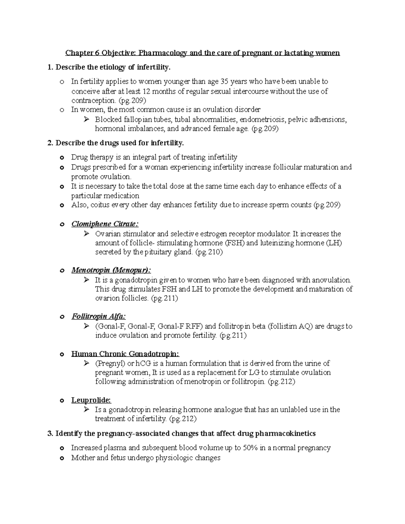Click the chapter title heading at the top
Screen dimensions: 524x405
(x=202, y=53)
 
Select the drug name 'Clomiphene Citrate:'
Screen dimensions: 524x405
(x=105, y=224)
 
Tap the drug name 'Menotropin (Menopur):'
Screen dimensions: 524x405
(x=111, y=270)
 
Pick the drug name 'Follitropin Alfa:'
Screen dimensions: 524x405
(x=99, y=316)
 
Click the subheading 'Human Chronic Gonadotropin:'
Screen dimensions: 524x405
(x=125, y=354)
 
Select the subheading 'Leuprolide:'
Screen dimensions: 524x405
(x=91, y=400)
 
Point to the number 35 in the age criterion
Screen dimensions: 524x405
(x=224, y=82)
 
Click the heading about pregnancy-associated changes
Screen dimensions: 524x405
(x=182, y=434)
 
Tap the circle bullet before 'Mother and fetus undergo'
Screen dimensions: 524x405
(x=61, y=458)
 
